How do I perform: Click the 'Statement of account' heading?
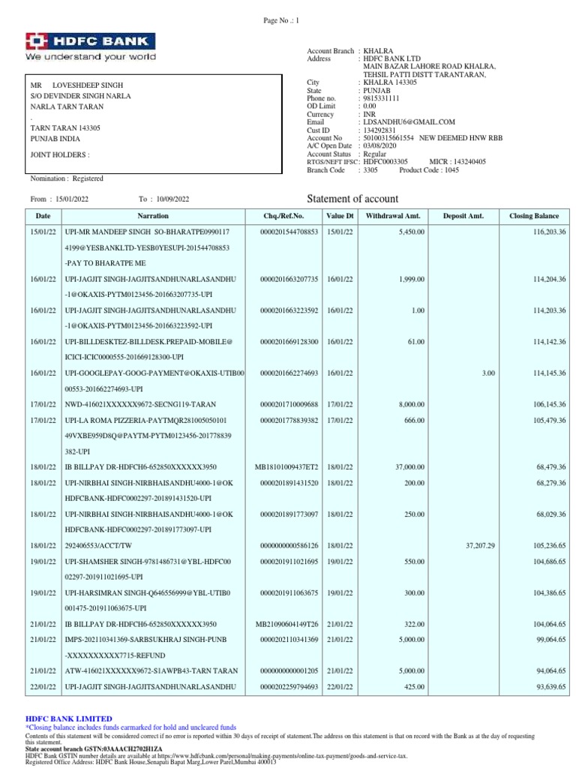[x=353, y=199]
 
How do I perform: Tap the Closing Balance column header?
[x=533, y=216]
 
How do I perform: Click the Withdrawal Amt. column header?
[x=393, y=216]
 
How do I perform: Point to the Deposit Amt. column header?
[x=463, y=216]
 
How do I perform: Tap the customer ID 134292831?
[x=379, y=130]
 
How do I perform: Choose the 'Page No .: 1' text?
[x=282, y=21]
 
